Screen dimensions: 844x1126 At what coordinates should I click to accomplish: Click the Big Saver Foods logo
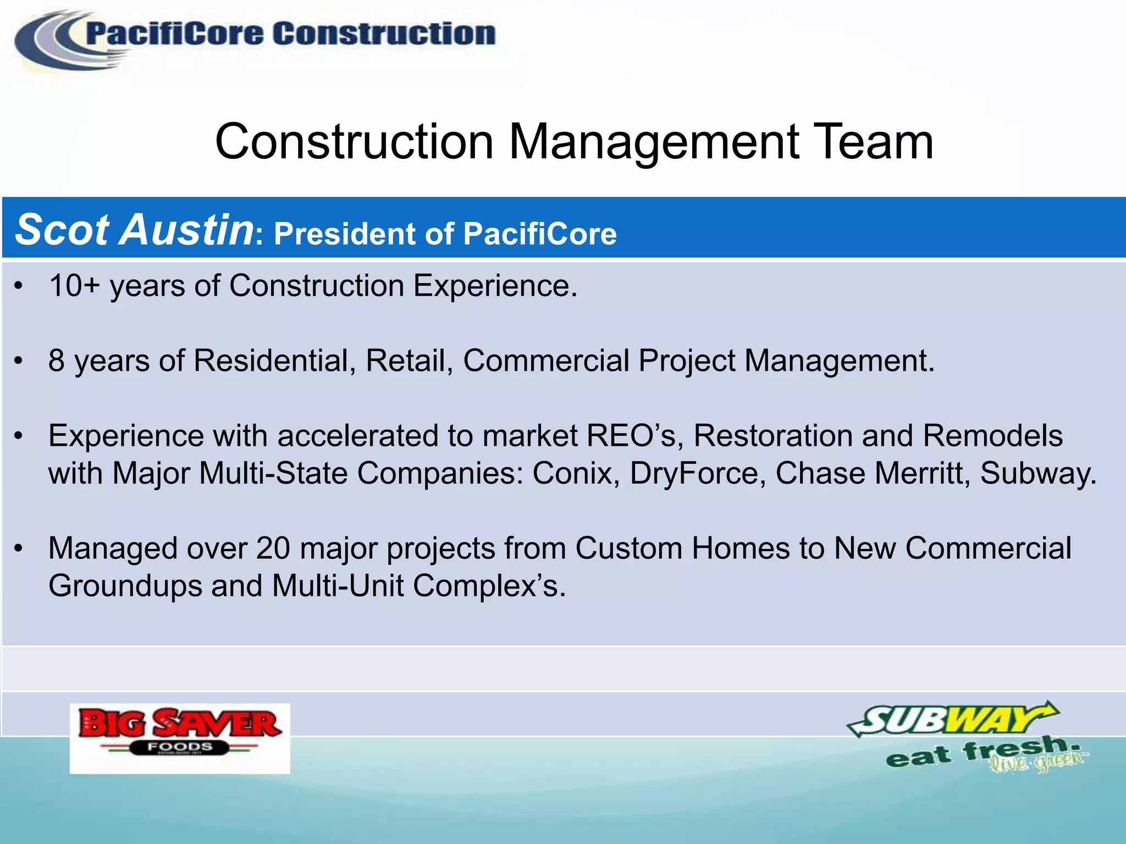[180, 738]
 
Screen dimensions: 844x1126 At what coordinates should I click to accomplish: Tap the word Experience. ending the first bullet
[495, 286]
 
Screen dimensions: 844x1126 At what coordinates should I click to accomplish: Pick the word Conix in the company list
[571, 474]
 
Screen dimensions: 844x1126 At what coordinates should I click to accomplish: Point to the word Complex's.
[489, 586]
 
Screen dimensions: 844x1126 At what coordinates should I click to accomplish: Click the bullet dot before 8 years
[19, 362]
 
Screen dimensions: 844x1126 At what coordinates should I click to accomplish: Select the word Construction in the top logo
[384, 34]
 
